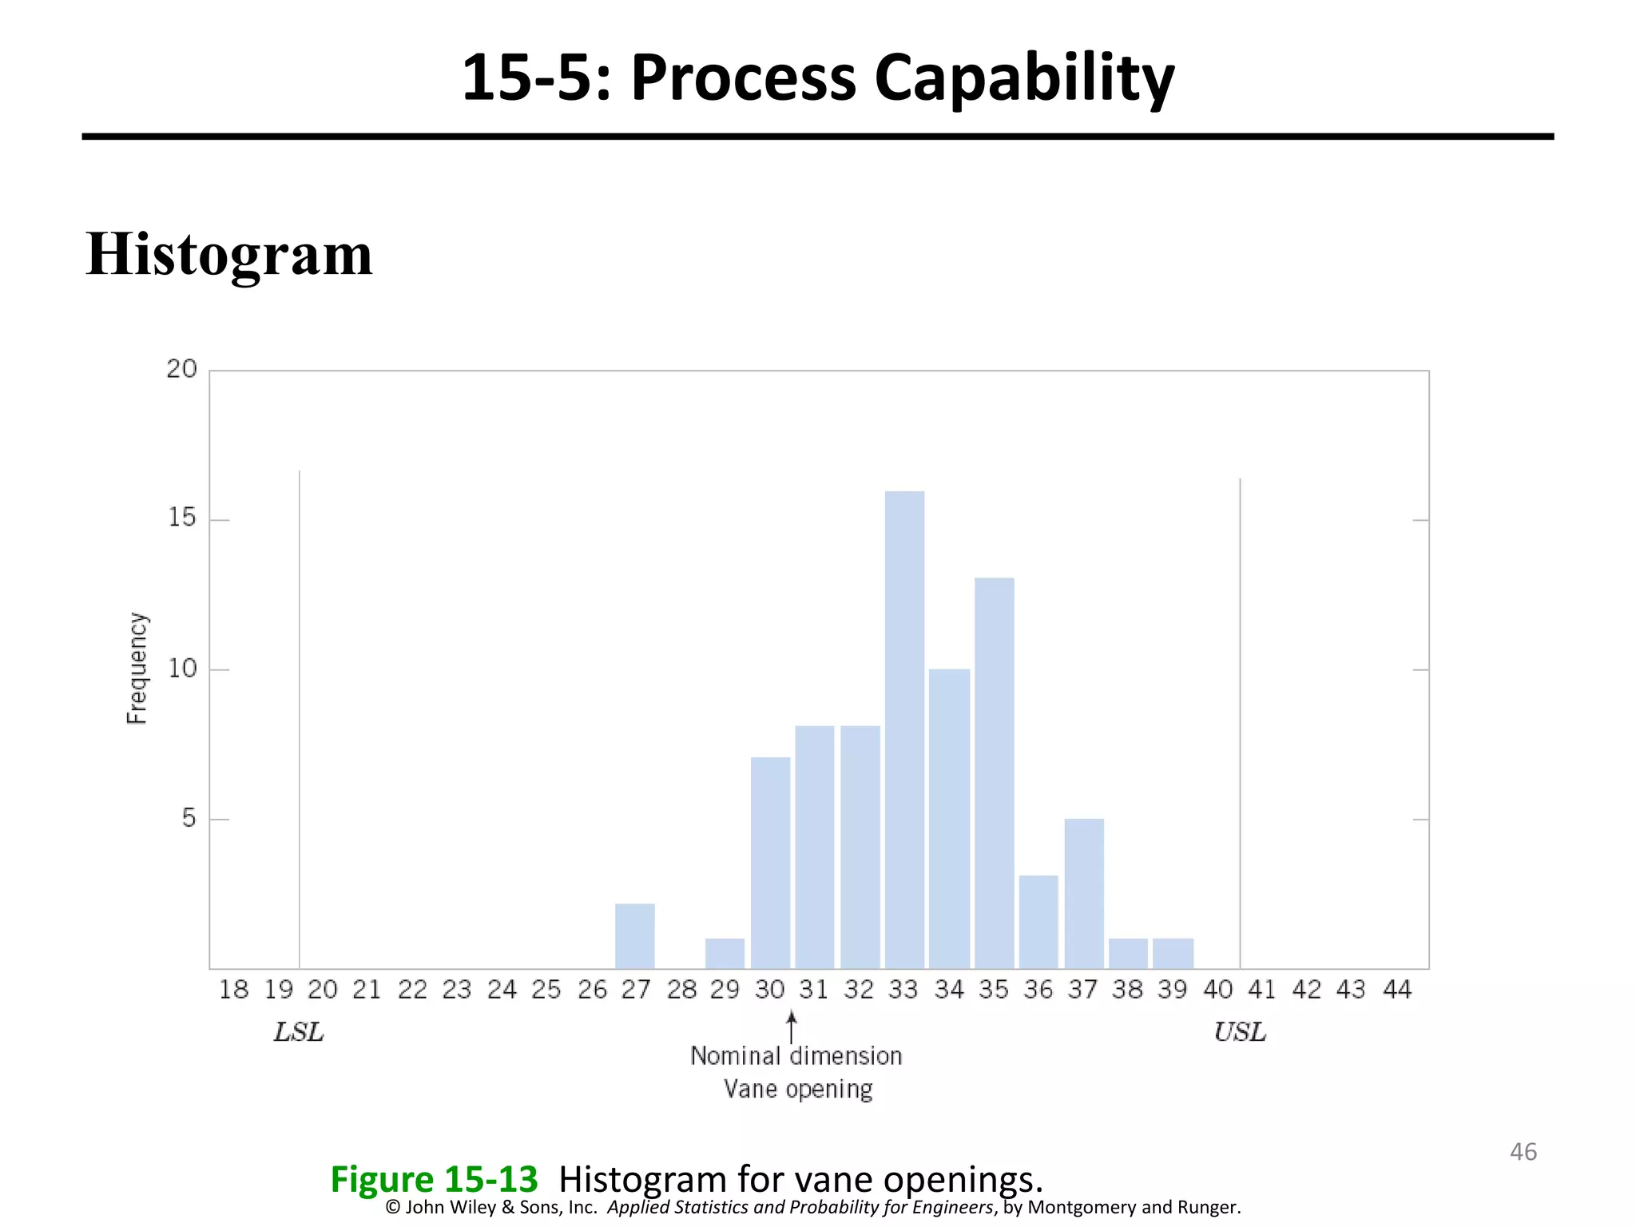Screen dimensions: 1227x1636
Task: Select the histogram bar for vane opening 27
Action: [634, 935]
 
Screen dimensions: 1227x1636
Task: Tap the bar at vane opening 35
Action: [994, 772]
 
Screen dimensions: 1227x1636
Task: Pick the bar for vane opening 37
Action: [1084, 893]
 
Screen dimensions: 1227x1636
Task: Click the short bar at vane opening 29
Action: [725, 953]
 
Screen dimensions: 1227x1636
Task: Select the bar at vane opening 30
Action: [770, 863]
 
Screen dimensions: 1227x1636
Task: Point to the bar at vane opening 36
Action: [1038, 922]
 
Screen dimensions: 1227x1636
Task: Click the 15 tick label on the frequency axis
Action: [182, 518]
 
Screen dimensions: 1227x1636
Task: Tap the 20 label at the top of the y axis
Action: [181, 369]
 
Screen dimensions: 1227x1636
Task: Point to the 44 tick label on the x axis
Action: [1397, 990]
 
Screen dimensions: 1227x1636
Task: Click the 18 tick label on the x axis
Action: [234, 990]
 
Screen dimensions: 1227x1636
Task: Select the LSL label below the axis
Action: [299, 1033]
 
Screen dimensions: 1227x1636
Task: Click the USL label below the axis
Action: [1240, 1033]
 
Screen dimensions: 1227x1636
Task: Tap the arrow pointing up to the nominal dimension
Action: [792, 1026]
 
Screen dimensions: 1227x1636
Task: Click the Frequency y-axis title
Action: [137, 669]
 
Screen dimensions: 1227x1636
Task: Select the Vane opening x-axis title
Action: [798, 1089]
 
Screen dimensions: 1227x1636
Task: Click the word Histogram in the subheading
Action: [229, 254]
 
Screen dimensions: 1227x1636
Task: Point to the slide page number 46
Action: [1523, 1152]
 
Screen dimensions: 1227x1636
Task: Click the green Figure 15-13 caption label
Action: [435, 1179]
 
